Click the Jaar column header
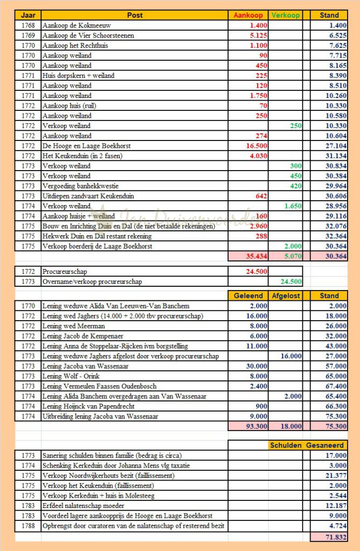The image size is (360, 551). (x=28, y=15)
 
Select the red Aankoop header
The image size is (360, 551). (x=248, y=15)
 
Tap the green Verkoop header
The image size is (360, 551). (x=285, y=15)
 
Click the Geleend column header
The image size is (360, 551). (x=248, y=295)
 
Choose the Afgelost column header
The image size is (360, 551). (x=285, y=295)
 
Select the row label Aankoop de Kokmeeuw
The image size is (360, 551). (x=73, y=25)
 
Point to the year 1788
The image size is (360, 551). (x=28, y=526)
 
